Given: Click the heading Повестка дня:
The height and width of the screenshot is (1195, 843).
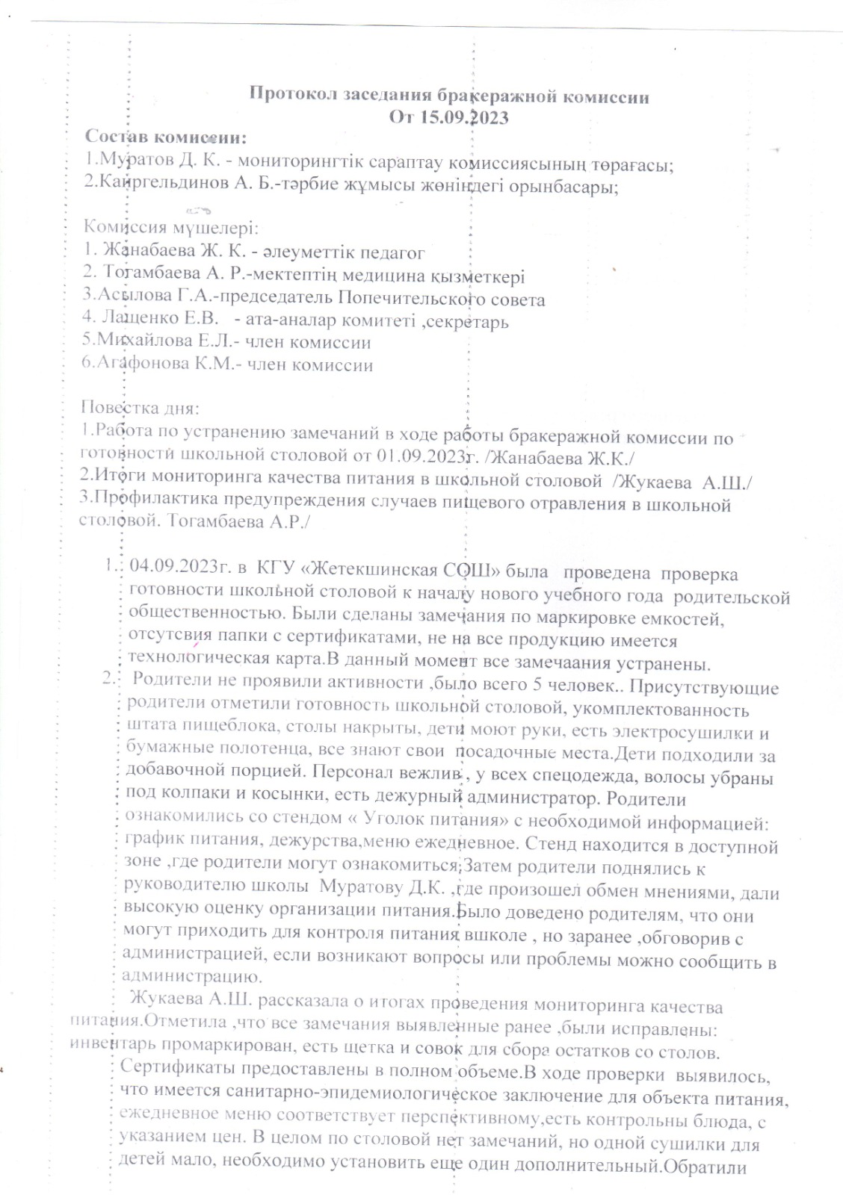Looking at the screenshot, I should [139, 409].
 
